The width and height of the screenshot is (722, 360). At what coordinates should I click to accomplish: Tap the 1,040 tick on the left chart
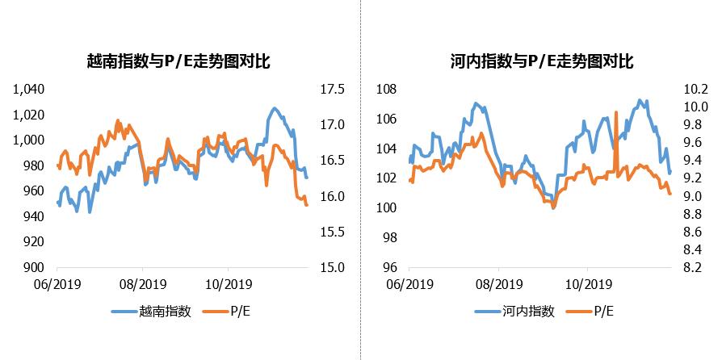tap(28, 89)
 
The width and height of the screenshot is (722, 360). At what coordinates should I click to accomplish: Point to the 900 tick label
tap(35, 267)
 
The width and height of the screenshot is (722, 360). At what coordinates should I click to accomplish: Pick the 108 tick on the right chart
tap(388, 89)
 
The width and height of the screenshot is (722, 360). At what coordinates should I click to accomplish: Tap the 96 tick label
tap(391, 267)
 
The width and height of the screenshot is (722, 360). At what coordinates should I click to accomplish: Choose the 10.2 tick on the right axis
tap(696, 89)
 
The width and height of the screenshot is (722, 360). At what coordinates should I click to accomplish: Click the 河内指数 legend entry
tap(528, 312)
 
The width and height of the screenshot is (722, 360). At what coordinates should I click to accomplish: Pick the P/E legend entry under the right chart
tap(606, 312)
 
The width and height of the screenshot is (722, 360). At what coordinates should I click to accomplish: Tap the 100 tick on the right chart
tap(388, 207)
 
